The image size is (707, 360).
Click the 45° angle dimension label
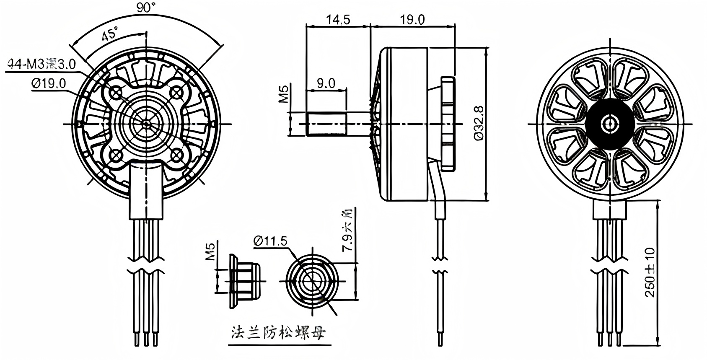point(110,34)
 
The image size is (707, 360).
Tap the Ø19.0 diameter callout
point(49,84)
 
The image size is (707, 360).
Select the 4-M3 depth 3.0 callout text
point(41,64)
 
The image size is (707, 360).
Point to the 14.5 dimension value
point(338,20)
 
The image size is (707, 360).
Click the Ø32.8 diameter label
point(479,124)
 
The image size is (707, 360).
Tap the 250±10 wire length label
point(650,272)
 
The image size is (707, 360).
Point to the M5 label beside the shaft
point(284,94)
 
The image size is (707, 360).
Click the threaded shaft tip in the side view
point(326,124)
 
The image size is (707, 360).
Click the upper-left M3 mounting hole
point(116,92)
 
